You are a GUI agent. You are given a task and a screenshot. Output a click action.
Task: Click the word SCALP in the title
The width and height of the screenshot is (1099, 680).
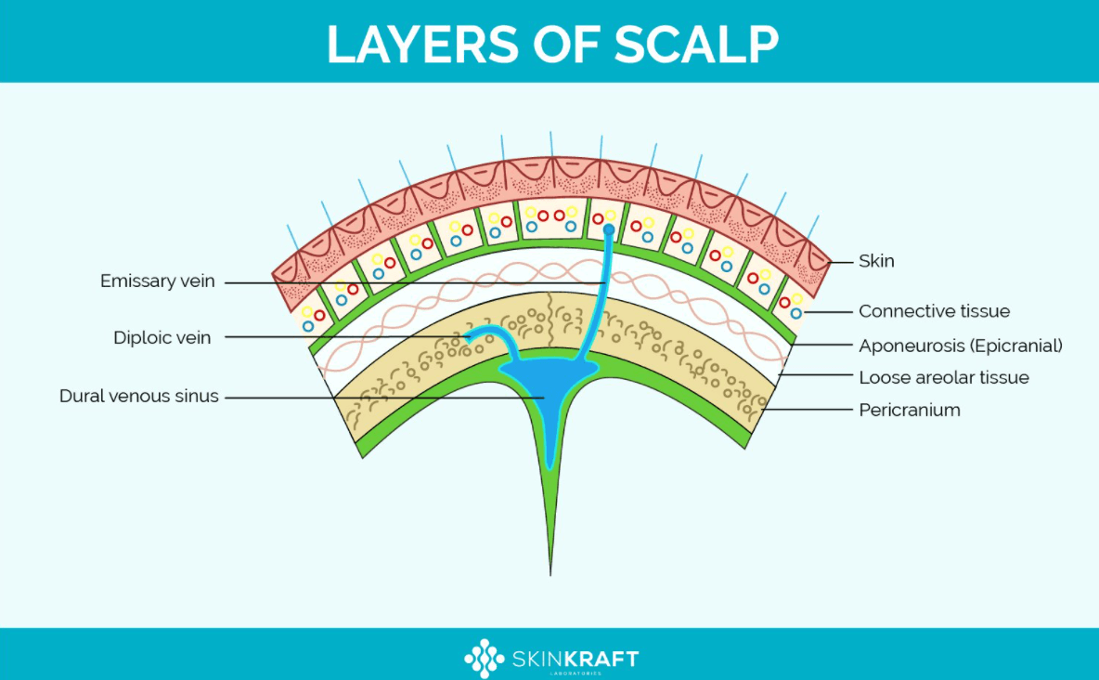click(696, 45)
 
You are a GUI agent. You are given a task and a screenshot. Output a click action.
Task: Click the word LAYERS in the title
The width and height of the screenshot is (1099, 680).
click(423, 45)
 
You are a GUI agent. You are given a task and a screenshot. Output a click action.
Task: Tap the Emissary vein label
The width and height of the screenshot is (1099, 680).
click(158, 281)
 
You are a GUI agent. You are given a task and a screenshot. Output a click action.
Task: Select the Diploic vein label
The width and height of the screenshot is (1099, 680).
click(162, 337)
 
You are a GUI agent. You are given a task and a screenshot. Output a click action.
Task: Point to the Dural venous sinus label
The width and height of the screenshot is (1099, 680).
click(139, 397)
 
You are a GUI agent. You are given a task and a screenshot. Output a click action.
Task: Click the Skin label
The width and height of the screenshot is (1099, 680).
click(876, 261)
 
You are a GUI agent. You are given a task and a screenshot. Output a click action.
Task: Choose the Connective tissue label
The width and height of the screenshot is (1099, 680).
click(935, 311)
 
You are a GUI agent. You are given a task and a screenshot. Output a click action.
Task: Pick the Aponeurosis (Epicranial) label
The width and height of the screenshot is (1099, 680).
click(960, 346)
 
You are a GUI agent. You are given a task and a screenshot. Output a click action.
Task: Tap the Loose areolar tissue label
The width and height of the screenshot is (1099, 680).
click(944, 377)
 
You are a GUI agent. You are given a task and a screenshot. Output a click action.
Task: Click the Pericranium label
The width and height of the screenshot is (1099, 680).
click(909, 410)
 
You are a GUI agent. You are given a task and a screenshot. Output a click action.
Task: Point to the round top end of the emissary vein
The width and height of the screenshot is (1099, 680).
click(609, 229)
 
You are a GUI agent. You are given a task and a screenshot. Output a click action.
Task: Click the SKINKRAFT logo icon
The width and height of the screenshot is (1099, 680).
click(484, 659)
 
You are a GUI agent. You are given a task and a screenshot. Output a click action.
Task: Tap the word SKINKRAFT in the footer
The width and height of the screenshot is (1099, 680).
click(575, 659)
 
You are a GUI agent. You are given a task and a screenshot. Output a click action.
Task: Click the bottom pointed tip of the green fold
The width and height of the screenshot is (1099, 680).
click(550, 575)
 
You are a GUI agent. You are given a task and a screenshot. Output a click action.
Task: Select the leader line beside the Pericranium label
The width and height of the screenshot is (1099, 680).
click(806, 409)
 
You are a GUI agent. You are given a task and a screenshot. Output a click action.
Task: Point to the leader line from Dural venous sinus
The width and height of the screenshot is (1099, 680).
click(384, 398)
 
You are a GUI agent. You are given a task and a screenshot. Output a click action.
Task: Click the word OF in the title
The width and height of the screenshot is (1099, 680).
click(566, 45)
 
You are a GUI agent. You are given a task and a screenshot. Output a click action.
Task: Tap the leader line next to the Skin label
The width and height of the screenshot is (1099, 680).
click(840, 262)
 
